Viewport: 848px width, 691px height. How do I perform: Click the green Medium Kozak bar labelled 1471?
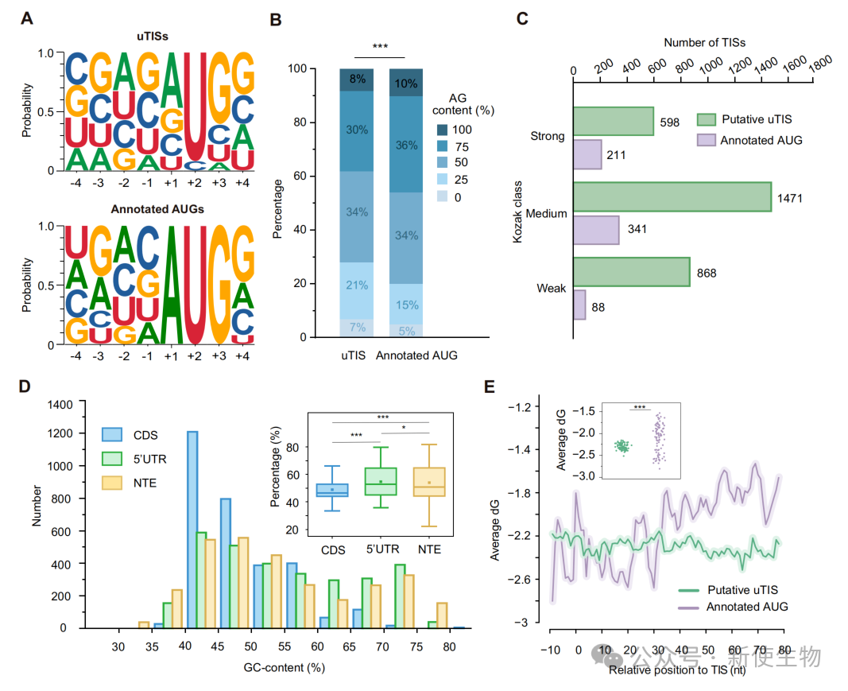coord(672,197)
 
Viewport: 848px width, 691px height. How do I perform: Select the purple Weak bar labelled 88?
coord(579,305)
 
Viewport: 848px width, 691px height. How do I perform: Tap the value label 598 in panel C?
coord(669,122)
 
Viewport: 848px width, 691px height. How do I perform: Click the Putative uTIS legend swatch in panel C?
coord(707,119)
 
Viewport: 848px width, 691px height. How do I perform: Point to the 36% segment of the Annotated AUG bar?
coord(406,145)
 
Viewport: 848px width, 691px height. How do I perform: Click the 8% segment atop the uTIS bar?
coord(356,80)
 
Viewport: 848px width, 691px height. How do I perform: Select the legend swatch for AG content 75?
coord(443,146)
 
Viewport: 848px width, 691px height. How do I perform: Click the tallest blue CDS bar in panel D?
coord(192,530)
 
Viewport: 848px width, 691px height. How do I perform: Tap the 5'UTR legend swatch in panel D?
coord(112,459)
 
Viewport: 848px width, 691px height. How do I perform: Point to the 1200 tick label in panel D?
coord(60,433)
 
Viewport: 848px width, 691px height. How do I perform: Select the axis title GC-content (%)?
coord(284,668)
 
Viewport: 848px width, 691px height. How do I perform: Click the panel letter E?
coord(490,386)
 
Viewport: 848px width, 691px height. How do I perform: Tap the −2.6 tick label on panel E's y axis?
coord(519,580)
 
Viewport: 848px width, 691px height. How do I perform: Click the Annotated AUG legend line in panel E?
coord(688,608)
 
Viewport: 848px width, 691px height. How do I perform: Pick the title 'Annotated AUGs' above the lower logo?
coord(157,209)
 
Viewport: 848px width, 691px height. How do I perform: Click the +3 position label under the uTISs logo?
coord(219,183)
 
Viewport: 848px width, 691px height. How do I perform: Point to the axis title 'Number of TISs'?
coord(705,43)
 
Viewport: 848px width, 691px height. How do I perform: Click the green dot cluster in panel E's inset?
coord(623,446)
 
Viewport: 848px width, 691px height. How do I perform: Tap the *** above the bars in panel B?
coord(380,47)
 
